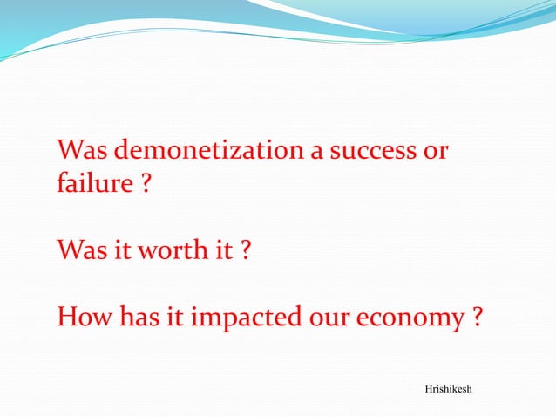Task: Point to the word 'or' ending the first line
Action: [435, 152]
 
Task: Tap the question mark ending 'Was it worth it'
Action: [246, 252]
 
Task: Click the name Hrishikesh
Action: [448, 387]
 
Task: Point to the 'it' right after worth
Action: [223, 252]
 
